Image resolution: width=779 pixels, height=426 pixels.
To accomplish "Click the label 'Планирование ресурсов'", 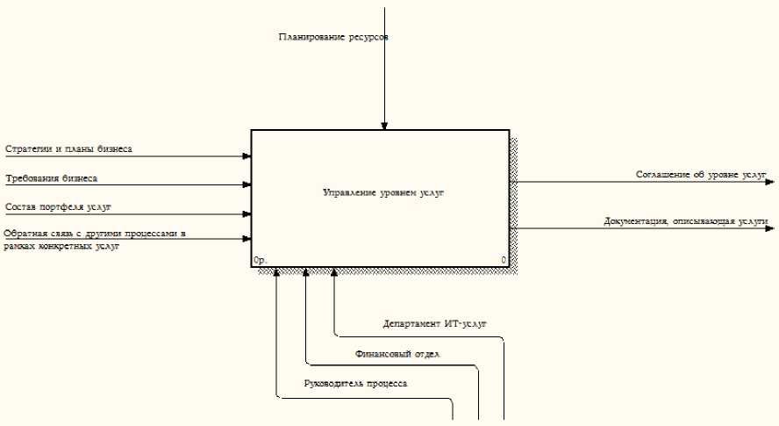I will (x=332, y=38).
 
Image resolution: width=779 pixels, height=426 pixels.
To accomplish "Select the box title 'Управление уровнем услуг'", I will (x=383, y=191).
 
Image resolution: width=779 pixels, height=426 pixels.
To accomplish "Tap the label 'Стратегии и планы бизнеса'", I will (x=68, y=149).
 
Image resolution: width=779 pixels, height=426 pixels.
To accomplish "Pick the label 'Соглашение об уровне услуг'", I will (x=701, y=175).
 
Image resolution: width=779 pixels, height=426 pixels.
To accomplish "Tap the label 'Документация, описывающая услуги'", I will (x=685, y=221).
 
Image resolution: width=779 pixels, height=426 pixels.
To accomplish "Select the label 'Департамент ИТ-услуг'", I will (x=434, y=324).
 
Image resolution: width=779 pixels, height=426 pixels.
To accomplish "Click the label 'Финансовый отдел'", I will (x=397, y=354).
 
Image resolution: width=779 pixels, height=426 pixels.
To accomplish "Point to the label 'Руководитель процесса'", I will (x=355, y=384).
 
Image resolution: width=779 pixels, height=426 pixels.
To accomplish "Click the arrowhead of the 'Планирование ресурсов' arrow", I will (x=383, y=126).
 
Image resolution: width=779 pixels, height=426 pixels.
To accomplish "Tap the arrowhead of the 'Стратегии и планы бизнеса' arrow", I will (x=247, y=156).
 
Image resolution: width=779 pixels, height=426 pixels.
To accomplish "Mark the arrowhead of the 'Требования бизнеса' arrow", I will (x=247, y=185).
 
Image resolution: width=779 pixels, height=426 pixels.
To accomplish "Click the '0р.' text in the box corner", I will (x=260, y=261).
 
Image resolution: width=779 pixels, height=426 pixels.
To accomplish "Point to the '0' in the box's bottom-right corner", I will (x=504, y=261).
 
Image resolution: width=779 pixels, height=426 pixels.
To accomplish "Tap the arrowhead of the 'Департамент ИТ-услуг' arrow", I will (x=334, y=273).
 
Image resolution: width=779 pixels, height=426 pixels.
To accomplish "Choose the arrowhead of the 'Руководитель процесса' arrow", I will (x=276, y=273).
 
